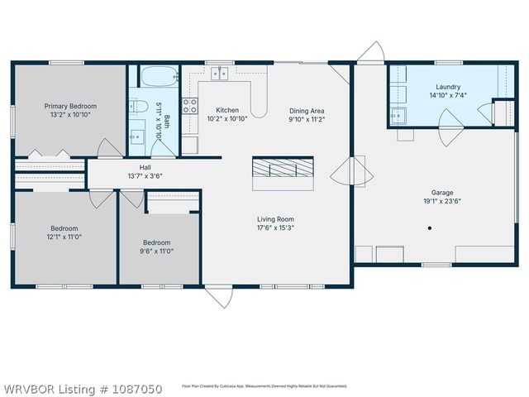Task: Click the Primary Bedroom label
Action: click(x=70, y=106)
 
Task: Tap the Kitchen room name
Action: click(x=227, y=110)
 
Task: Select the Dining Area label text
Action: click(x=306, y=110)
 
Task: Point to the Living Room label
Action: click(x=275, y=219)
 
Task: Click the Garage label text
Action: click(x=441, y=262)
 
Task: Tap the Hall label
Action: click(x=145, y=167)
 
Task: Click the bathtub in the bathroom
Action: click(x=157, y=79)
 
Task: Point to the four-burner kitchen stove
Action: click(x=190, y=105)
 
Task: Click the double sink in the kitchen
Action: click(x=220, y=74)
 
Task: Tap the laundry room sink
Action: click(x=398, y=115)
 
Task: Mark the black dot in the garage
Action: click(x=428, y=227)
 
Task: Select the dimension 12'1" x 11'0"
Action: click(x=64, y=237)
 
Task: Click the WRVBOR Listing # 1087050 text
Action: click(x=82, y=388)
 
